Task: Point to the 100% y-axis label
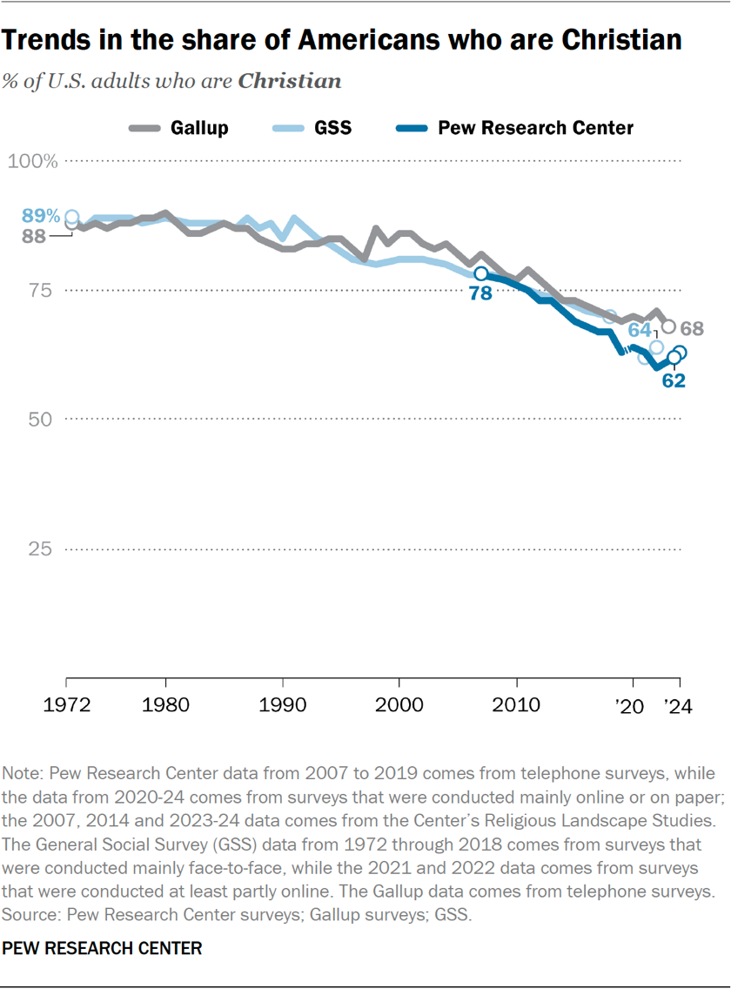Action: (x=33, y=161)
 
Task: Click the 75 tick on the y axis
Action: (x=42, y=290)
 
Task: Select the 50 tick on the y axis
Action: (x=42, y=419)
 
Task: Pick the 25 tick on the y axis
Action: (x=42, y=548)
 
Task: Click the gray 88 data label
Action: (x=33, y=236)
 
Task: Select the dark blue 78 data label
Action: (x=480, y=294)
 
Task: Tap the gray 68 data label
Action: (x=694, y=329)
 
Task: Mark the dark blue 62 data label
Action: (x=674, y=380)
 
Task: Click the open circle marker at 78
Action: (x=480, y=274)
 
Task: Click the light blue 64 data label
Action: (x=640, y=330)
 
